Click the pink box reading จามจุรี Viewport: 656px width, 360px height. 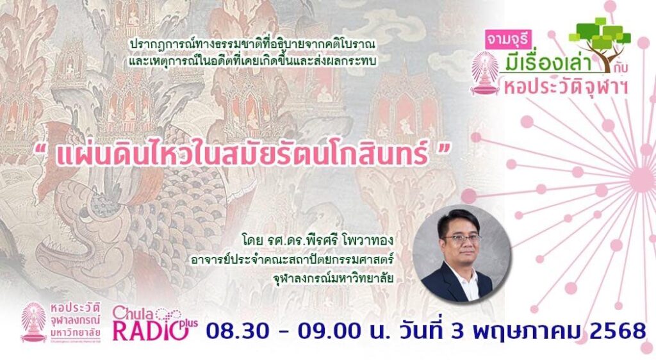coord(507,40)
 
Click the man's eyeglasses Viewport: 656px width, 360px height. coord(461,239)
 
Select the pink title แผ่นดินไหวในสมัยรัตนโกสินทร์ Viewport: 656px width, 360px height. coord(243,154)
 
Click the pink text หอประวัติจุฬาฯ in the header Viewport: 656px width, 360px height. coord(566,87)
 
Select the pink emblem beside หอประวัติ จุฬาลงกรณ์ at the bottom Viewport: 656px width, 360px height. coord(33,322)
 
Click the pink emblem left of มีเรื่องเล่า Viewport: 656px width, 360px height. coord(486,73)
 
